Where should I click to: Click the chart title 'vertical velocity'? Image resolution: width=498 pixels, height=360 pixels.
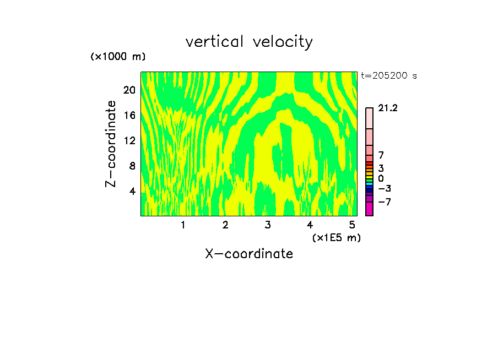[249, 42]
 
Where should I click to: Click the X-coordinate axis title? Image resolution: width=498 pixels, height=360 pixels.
[249, 254]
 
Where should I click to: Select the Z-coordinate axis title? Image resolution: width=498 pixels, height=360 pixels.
[112, 144]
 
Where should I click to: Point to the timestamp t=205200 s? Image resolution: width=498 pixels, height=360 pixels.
[389, 76]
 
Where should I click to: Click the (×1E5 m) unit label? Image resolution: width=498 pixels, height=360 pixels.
[336, 237]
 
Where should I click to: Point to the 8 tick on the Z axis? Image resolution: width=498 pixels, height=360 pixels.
[132, 166]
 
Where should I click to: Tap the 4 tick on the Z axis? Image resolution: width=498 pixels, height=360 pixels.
[132, 191]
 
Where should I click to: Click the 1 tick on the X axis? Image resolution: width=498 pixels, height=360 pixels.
[183, 225]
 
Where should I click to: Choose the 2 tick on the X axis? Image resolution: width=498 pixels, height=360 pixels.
[225, 225]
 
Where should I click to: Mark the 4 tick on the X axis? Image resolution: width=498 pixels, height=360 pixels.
[310, 225]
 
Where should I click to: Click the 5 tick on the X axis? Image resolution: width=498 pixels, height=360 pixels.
[352, 225]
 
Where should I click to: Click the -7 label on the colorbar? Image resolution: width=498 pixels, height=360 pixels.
[385, 202]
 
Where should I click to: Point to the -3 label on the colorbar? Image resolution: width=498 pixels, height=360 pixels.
[385, 189]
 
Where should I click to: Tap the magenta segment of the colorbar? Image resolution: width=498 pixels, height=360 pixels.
[369, 209]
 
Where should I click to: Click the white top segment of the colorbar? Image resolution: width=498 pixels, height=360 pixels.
[369, 118]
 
